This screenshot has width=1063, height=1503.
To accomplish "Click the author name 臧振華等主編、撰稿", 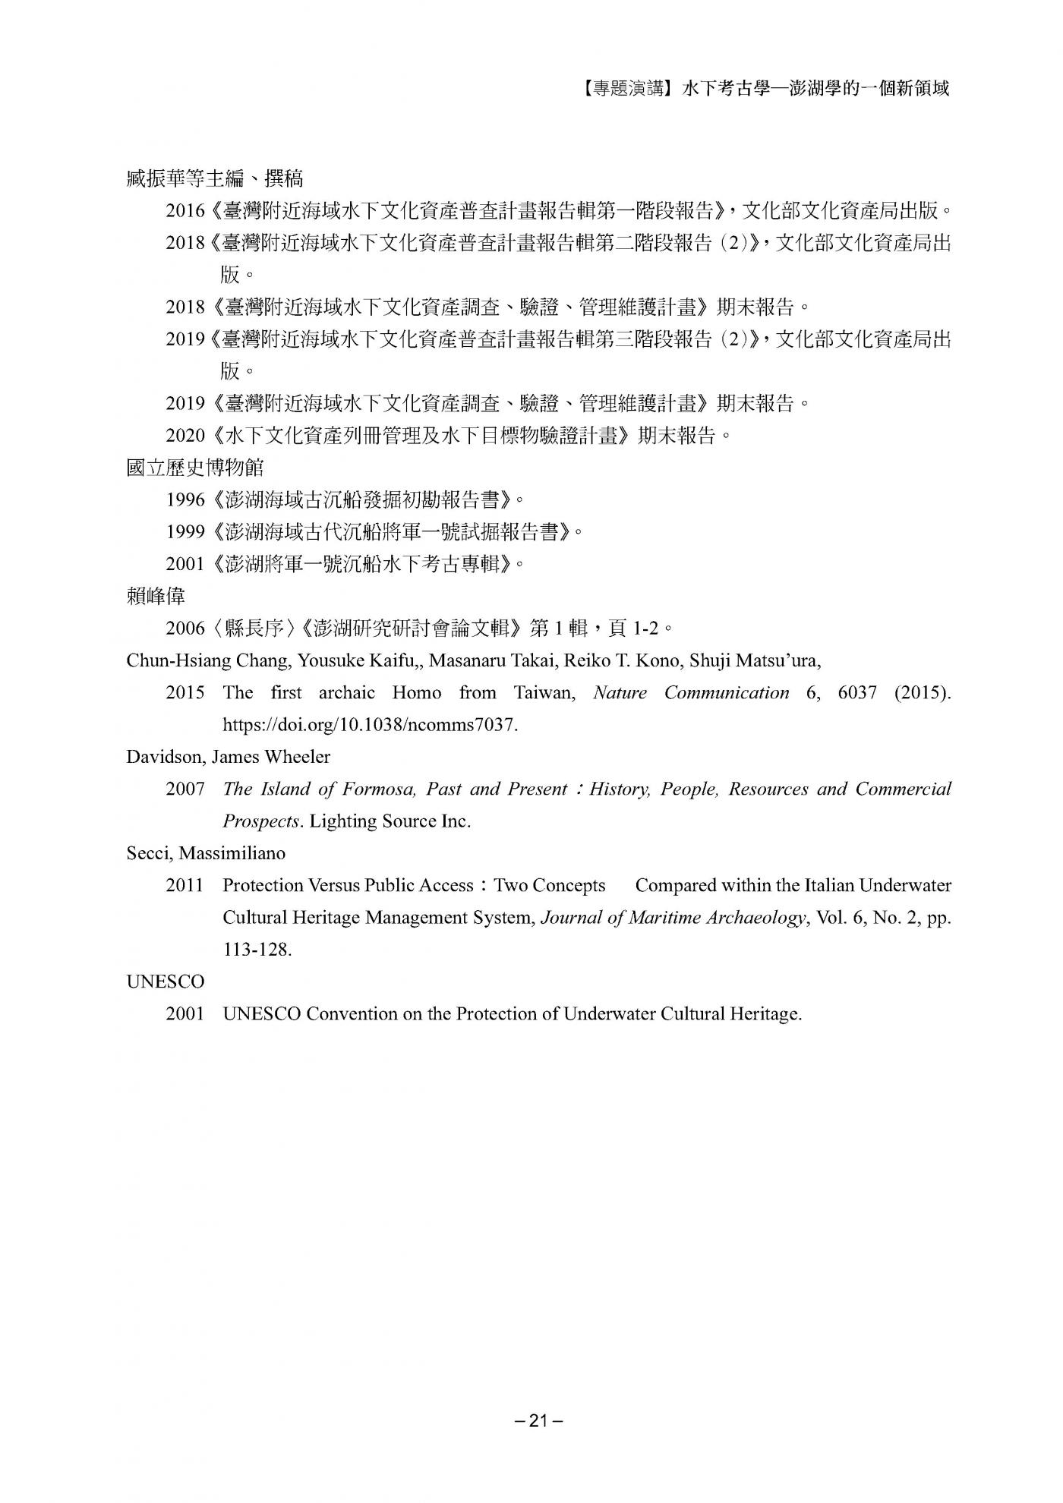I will tap(215, 178).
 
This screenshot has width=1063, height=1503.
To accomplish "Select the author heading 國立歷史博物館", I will tap(195, 467).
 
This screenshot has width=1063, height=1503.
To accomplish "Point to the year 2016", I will tap(185, 211).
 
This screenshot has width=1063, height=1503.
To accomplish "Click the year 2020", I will tap(185, 436).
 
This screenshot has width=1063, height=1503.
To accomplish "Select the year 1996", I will tap(185, 499).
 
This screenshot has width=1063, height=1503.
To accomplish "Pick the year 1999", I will tap(185, 531).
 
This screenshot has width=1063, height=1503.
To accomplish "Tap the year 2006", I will tap(185, 628).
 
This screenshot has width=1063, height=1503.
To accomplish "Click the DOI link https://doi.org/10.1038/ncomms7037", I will tap(370, 724).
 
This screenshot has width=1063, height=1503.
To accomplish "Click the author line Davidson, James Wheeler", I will tap(228, 757).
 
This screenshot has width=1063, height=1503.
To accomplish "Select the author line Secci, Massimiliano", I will tap(206, 853).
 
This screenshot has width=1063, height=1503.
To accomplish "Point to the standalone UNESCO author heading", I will tap(165, 982).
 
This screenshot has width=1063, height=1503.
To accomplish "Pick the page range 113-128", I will tap(257, 950).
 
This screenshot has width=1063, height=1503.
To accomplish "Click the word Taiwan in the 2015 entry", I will tap(544, 692).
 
